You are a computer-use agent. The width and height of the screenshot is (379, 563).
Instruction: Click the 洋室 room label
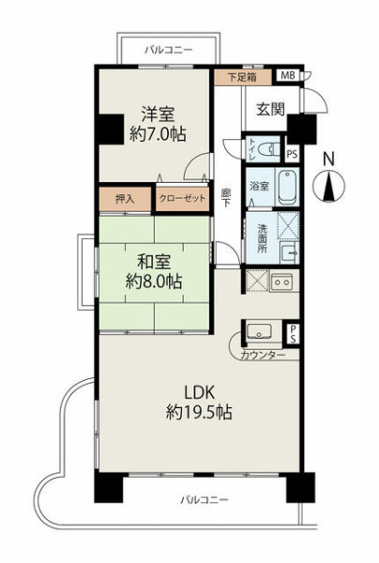(158, 114)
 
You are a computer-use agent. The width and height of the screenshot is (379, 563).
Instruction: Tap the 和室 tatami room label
(154, 263)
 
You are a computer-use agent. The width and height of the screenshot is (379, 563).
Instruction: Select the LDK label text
(199, 392)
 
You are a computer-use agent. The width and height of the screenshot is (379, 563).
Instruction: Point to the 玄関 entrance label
(270, 109)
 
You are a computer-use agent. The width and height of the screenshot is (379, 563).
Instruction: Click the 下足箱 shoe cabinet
(243, 77)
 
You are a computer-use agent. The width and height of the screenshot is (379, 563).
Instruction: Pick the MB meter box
(288, 75)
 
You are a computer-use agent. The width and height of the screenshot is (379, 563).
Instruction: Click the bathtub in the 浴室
(287, 187)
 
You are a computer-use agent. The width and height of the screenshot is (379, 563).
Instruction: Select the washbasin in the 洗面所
(289, 251)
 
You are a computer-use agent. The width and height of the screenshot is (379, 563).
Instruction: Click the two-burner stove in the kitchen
(282, 281)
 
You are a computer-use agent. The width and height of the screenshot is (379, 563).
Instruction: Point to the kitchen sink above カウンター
(259, 330)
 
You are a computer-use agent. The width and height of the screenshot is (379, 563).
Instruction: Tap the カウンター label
(263, 356)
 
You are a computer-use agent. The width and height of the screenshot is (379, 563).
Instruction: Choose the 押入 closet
(125, 199)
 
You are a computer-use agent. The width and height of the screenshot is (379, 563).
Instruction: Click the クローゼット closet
(182, 198)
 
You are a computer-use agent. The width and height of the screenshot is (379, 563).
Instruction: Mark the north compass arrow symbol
(328, 187)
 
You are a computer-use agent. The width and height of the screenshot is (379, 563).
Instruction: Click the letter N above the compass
(328, 160)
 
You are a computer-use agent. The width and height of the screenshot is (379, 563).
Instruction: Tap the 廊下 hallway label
(226, 197)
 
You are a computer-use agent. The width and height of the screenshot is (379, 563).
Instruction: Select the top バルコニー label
(168, 50)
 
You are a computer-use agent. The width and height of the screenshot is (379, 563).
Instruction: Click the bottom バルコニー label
(205, 499)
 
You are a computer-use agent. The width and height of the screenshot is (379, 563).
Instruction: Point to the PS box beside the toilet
(293, 154)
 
